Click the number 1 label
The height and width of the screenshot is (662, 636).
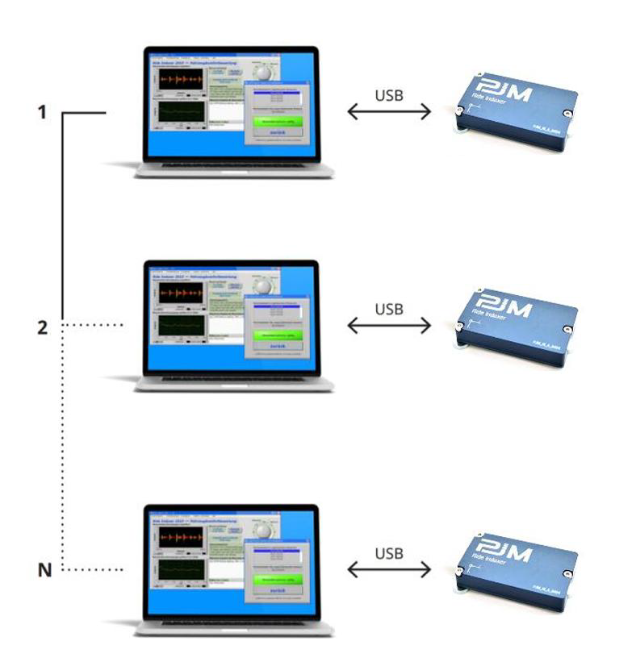pos(43,113)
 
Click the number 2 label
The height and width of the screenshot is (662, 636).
pos(43,327)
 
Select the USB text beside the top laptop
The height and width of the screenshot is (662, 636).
pos(389,95)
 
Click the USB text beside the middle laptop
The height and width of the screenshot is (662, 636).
pos(389,309)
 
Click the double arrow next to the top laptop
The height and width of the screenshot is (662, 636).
pos(389,113)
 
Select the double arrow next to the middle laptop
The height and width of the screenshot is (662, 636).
pos(389,327)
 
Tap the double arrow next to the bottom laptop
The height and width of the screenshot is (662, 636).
pos(389,570)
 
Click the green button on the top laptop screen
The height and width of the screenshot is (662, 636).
pos(277,121)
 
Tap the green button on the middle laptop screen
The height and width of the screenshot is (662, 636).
pos(277,334)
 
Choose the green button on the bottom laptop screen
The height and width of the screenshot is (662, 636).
pos(277,579)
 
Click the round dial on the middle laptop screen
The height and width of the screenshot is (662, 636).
pos(263,286)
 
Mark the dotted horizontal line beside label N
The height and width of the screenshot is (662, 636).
pos(93,571)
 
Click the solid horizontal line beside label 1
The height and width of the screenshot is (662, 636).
pos(85,114)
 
